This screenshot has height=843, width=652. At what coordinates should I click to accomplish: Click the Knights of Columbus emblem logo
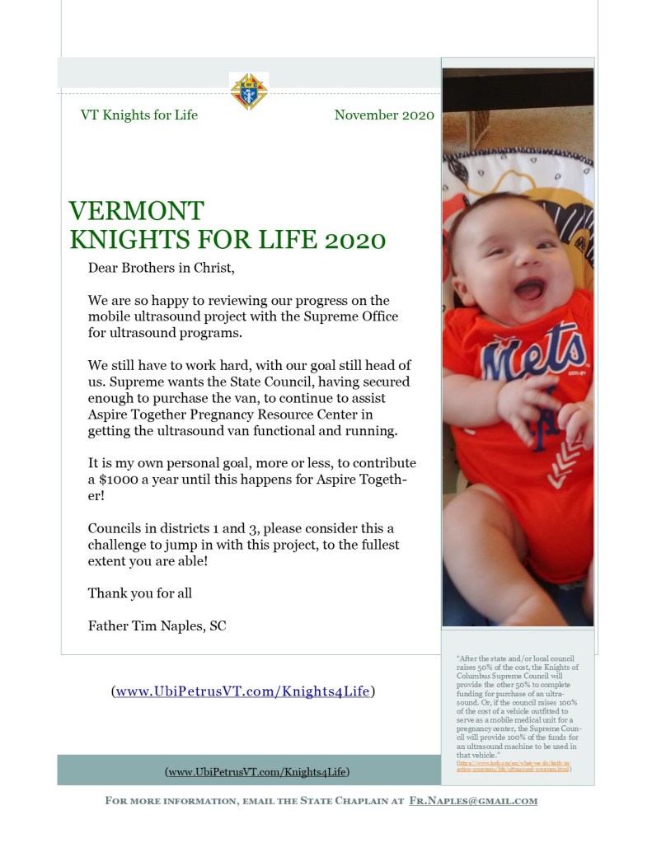(x=248, y=91)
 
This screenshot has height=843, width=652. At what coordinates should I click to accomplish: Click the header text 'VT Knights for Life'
(x=138, y=115)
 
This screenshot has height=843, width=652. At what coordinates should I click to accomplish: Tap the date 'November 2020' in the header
(x=384, y=115)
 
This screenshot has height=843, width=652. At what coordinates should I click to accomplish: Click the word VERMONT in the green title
(x=137, y=211)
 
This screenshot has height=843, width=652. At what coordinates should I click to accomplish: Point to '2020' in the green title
(x=354, y=240)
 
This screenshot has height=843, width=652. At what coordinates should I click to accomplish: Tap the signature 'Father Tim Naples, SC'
(x=157, y=625)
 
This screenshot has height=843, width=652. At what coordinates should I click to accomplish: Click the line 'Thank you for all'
(x=139, y=592)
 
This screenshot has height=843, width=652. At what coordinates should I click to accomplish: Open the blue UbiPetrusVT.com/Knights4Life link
(x=242, y=691)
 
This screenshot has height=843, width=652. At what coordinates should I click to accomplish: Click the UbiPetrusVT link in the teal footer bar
(x=257, y=771)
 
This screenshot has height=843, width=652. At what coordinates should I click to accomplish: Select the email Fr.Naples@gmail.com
(x=473, y=800)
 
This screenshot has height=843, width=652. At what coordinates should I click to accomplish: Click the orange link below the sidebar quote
(x=513, y=766)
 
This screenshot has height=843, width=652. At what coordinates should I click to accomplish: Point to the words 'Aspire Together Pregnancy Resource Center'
(x=231, y=414)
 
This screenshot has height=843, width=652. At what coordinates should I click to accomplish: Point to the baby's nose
(x=520, y=264)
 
